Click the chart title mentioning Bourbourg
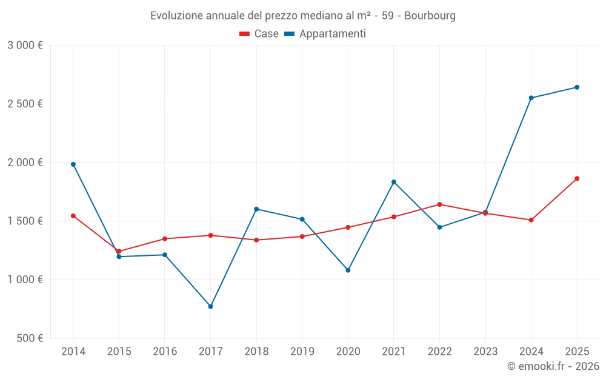303,16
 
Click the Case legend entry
259,34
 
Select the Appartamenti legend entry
325,34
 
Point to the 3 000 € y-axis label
25,45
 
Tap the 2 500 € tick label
25,104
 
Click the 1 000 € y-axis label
25,280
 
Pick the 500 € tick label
29,338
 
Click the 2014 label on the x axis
73,352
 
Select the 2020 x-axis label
348,352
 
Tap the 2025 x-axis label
577,352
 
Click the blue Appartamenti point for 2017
210,306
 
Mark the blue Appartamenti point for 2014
73,164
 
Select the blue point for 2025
577,87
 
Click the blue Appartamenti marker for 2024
531,98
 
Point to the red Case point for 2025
577,178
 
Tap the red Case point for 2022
439,204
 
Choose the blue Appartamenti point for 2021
394,182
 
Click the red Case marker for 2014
73,216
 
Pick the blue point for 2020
348,270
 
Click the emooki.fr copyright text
553,366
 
